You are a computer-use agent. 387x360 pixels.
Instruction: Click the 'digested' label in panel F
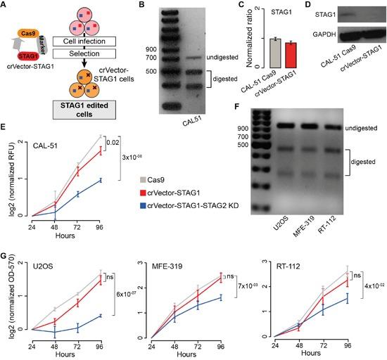coord(367,162)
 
